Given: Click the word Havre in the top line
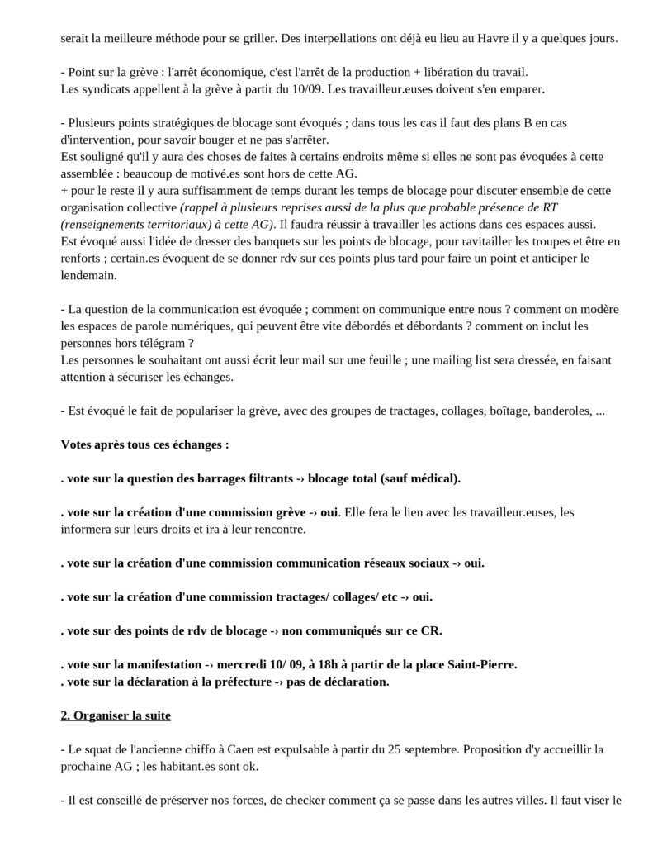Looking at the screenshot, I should coord(473,39).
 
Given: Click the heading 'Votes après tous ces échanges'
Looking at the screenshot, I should coord(144,444).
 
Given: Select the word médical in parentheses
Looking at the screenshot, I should coord(436,478).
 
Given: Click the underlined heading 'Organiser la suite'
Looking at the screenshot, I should coord(121,715).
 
